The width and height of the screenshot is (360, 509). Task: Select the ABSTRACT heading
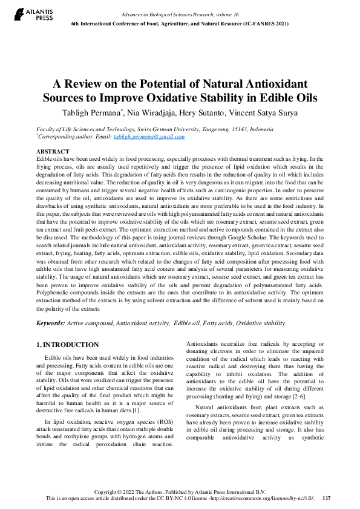click(x=53, y=151)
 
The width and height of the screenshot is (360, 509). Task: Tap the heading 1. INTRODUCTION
click(x=68, y=345)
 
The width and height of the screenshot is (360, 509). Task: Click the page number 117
click(x=327, y=498)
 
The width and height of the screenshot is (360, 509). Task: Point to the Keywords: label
click(x=50, y=323)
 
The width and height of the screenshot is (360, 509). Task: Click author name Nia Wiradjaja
click(x=141, y=112)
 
